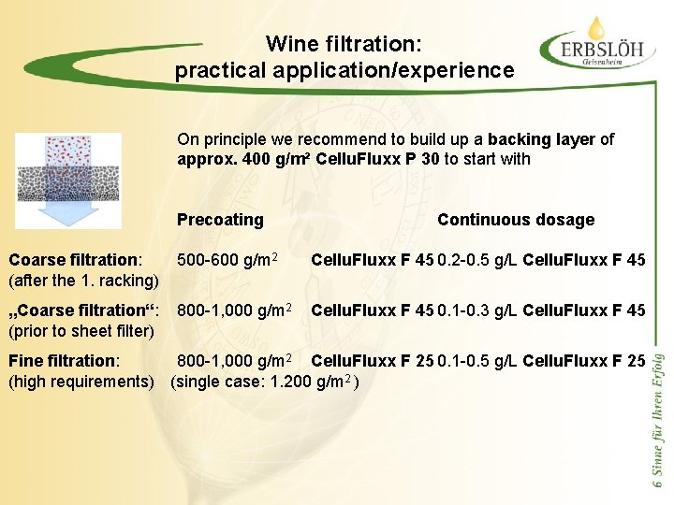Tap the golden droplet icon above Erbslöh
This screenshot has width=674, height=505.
click(x=595, y=24)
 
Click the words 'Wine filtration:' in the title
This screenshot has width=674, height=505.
click(x=344, y=44)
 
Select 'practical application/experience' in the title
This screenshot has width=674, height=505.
click(x=344, y=70)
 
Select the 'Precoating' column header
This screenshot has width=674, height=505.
click(x=220, y=220)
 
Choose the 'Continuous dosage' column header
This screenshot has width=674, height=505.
click(x=515, y=220)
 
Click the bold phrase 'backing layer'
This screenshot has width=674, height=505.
click(x=541, y=139)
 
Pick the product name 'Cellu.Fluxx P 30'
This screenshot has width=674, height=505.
click(x=378, y=159)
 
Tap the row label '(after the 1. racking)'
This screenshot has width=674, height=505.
click(x=82, y=280)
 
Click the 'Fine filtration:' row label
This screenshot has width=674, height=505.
click(x=64, y=360)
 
